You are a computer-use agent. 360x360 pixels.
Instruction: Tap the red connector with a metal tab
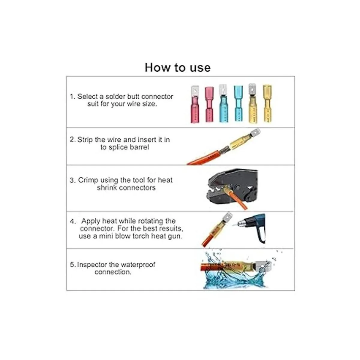click(195, 104)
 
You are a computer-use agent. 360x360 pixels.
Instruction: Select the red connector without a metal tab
click(209, 105)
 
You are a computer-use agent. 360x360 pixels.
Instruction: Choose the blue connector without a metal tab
click(238, 103)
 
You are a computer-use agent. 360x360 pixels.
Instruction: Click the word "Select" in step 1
click(88, 97)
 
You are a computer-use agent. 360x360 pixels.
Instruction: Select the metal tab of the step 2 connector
click(254, 133)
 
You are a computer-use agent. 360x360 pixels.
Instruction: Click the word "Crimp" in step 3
click(88, 181)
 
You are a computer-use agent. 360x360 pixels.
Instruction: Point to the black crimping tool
click(232, 186)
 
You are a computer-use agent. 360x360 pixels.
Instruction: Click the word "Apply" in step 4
click(91, 221)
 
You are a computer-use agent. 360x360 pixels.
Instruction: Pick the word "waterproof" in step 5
click(138, 265)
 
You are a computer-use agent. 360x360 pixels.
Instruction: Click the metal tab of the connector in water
click(262, 266)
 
